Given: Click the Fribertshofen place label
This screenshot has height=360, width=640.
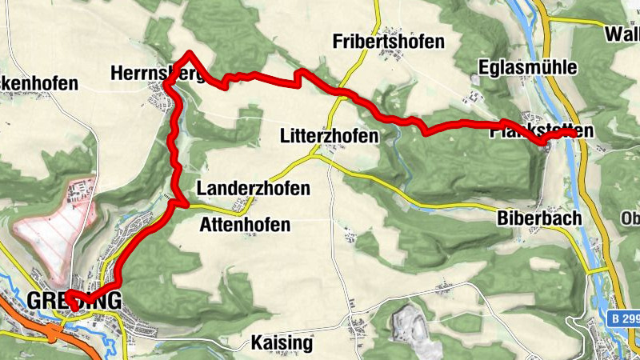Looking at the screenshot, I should (x=387, y=42).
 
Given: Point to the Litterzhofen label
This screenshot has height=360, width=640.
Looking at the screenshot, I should (x=329, y=137).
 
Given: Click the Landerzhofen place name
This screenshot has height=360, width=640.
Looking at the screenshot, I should (x=253, y=189).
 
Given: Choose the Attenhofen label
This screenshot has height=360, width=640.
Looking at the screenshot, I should (x=244, y=225).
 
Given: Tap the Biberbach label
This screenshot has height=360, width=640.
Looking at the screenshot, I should (x=538, y=218).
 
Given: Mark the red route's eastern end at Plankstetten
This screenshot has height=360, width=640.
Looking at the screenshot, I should (x=575, y=134).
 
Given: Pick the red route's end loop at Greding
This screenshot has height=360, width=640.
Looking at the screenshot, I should (x=72, y=299).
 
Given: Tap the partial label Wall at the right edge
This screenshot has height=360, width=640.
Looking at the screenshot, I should (x=622, y=34).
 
